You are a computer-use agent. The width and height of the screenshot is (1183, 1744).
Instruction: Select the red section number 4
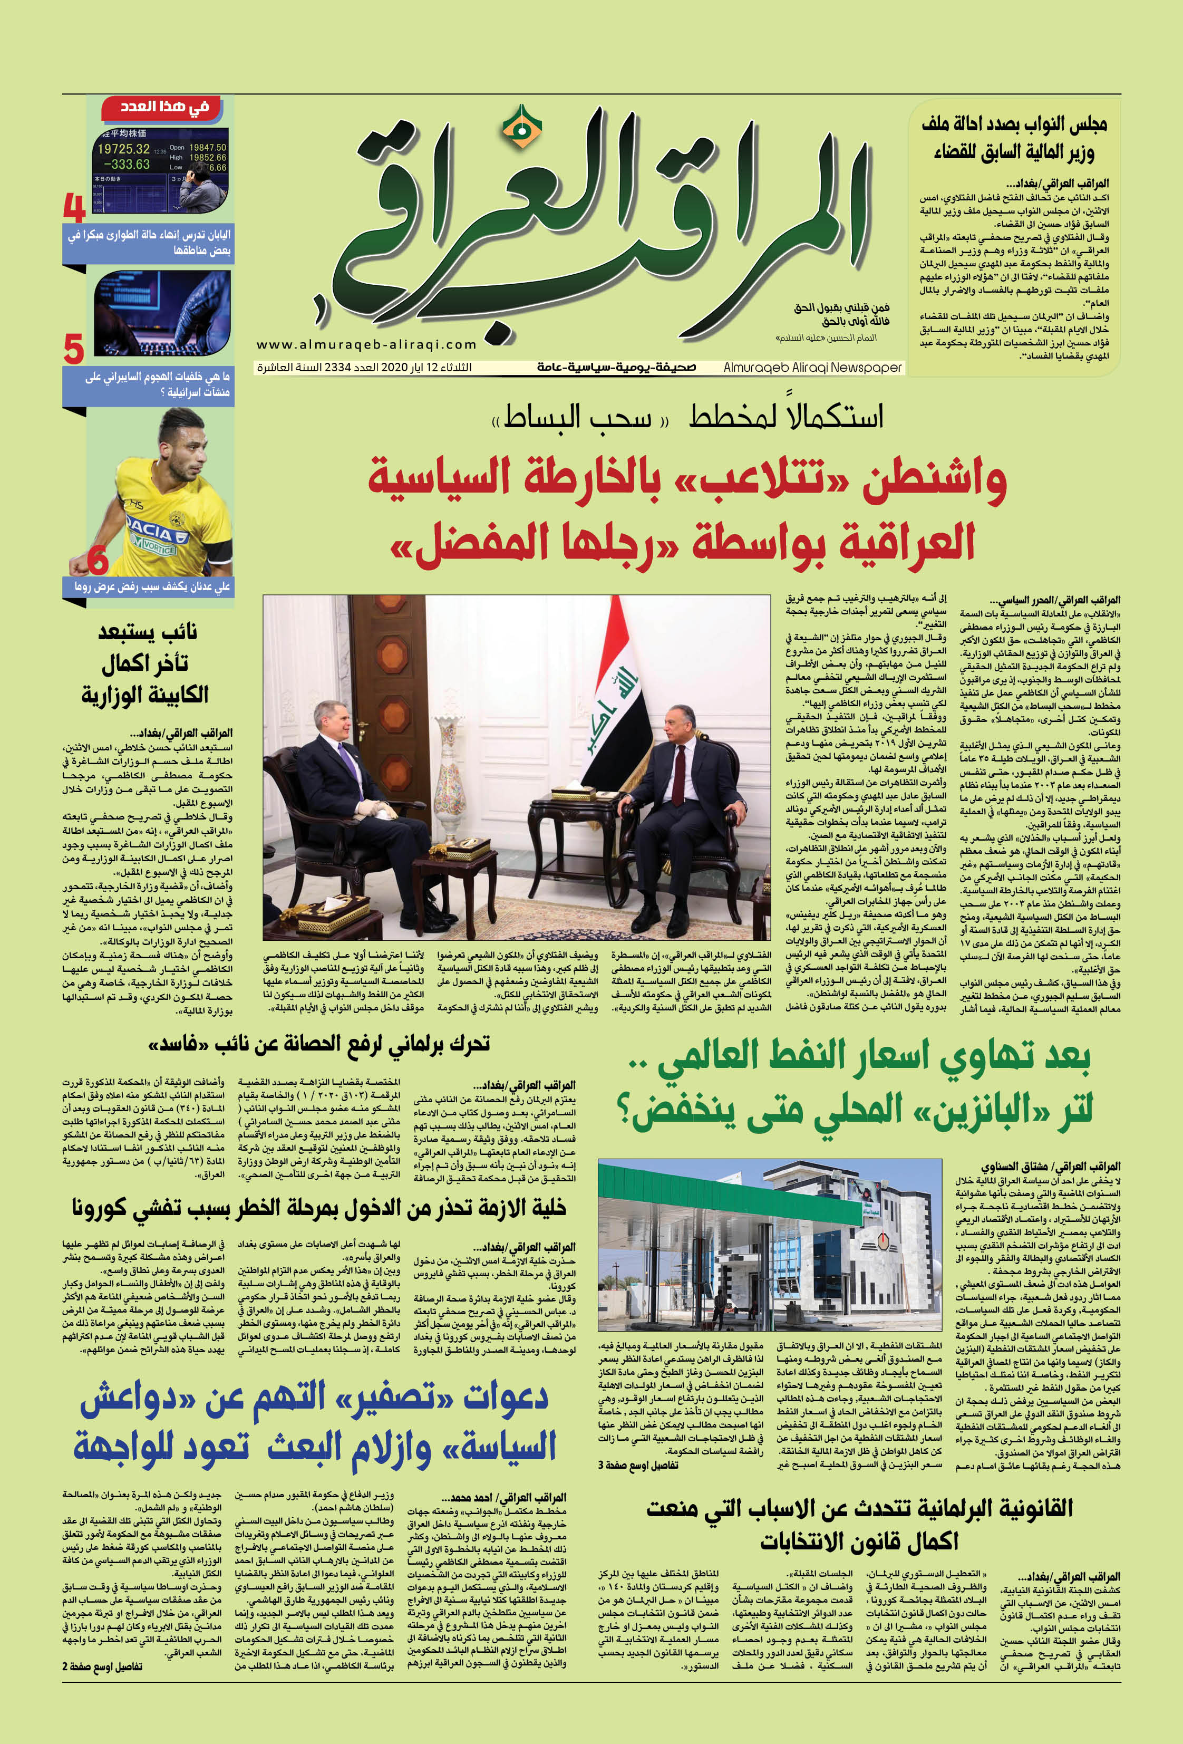75,209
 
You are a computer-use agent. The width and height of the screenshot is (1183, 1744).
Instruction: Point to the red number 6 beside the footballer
98,560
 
